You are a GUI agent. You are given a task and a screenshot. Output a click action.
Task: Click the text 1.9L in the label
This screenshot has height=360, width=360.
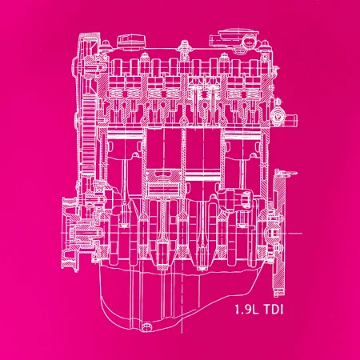pyautogui.click(x=247, y=310)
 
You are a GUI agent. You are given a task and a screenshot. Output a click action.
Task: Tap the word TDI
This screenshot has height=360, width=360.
pyautogui.click(x=273, y=310)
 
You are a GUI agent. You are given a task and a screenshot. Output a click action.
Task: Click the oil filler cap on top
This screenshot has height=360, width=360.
pyautogui.click(x=131, y=42)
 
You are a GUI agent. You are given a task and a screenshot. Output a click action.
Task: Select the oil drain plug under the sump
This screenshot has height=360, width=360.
pyautogui.click(x=146, y=327)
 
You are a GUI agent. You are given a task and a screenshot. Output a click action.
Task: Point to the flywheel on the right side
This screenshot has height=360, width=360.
pyautogui.click(x=279, y=233)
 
